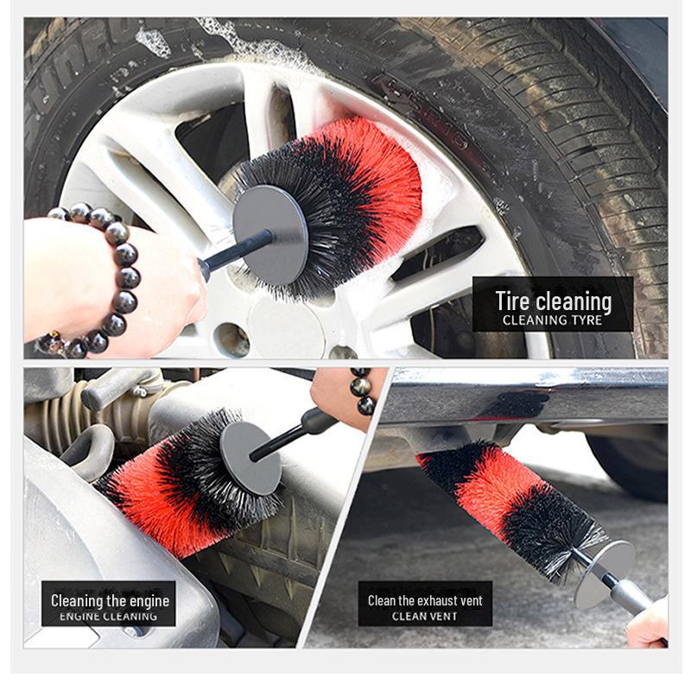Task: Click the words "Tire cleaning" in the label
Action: point(553,301)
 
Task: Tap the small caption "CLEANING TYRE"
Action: point(553,320)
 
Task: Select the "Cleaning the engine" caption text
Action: point(110,600)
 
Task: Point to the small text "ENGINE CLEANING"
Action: point(110,617)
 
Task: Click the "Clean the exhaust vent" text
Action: point(425,600)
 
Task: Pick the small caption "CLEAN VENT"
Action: point(425,617)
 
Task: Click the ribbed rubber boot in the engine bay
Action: point(52,423)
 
